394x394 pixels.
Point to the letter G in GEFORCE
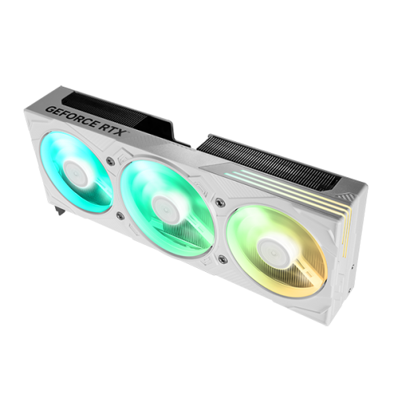point(50,109)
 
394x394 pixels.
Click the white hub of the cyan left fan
point(77,173)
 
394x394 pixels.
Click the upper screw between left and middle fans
point(109,160)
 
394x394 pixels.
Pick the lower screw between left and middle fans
point(120,215)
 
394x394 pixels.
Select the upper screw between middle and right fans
point(218,202)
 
